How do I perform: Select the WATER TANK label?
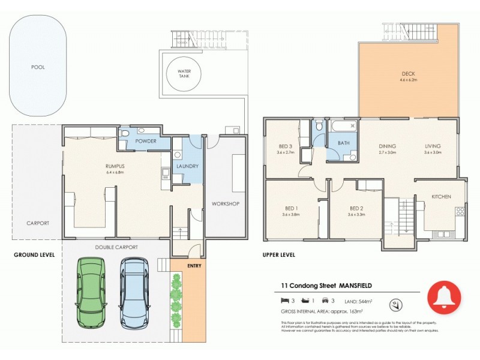[184, 74]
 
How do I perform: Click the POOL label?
[38, 67]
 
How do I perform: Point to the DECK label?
[409, 75]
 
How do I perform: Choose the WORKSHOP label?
[226, 204]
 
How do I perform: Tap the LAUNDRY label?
[187, 166]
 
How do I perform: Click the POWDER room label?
[145, 142]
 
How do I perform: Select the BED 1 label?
[292, 209]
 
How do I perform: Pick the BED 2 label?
[356, 209]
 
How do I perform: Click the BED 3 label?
[285, 146]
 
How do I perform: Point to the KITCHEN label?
[441, 197]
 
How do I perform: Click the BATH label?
[344, 143]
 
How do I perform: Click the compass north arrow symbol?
[395, 304]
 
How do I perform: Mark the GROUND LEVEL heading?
[34, 254]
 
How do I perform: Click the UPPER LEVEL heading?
[278, 254]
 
